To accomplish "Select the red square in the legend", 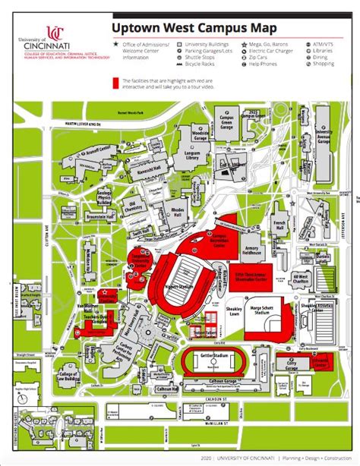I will point(116,80).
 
